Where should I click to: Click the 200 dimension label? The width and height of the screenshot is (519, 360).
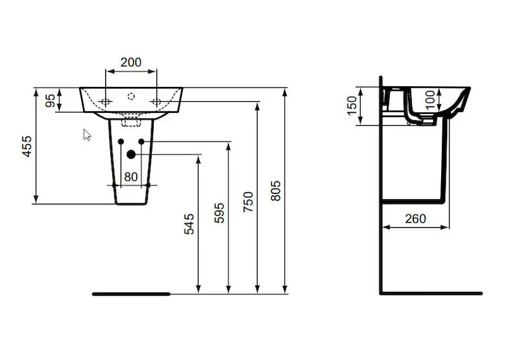[x=131, y=62]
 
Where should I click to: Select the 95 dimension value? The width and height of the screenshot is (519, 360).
[x=51, y=101]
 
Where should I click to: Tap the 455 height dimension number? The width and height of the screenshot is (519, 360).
[x=27, y=146]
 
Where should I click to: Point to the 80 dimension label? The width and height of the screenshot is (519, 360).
[x=131, y=177]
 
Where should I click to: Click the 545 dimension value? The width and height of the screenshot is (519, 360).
[x=189, y=224]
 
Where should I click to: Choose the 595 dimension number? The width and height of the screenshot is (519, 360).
[x=219, y=213]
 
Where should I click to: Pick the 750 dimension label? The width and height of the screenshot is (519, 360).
[x=248, y=202]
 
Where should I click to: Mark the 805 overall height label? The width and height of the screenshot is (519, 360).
[x=275, y=191]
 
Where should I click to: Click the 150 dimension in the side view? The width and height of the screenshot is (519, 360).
[x=352, y=106]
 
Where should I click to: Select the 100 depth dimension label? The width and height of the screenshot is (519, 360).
[x=429, y=100]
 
